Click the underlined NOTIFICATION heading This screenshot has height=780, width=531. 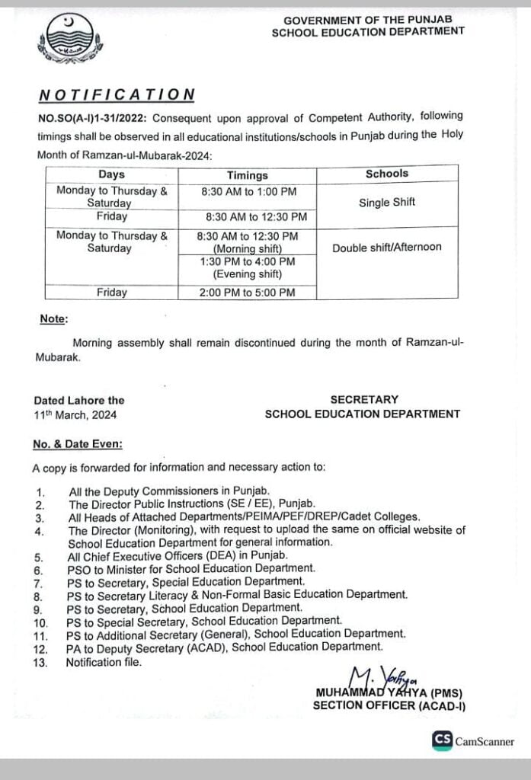click(x=117, y=94)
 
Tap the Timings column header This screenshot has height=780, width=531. click(x=247, y=174)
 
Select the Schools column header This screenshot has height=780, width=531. click(x=386, y=174)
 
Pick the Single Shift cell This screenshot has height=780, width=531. click(x=386, y=203)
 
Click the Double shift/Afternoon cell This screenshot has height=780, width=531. click(x=386, y=247)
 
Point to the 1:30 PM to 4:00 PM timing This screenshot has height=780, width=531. click(x=248, y=261)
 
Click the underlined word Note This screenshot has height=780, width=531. click(x=53, y=318)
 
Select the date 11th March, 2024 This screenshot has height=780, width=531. click(x=75, y=415)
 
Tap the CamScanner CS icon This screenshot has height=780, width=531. click(x=442, y=740)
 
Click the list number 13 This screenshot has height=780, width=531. click(x=40, y=662)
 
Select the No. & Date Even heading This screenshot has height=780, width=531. click(x=77, y=443)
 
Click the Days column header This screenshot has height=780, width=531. click(x=111, y=174)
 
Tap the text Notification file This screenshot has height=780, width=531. click(x=104, y=662)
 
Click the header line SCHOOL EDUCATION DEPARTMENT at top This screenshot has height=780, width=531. click(x=368, y=31)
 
